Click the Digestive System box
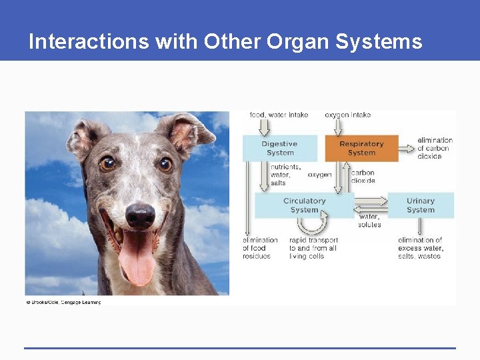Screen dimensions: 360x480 [x=279, y=148]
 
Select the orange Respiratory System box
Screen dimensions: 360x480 [x=361, y=148]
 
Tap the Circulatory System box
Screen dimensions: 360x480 [x=304, y=205]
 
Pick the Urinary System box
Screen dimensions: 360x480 [x=420, y=205]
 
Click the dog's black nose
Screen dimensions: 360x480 [x=140, y=216]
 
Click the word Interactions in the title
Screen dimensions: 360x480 [x=89, y=42]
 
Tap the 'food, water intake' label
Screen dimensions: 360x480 [x=279, y=115]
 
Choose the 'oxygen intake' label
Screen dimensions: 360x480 [x=347, y=115]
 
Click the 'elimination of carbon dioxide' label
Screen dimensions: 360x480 [x=435, y=148]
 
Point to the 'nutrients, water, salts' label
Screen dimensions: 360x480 [x=285, y=175]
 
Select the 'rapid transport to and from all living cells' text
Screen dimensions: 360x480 [x=313, y=248]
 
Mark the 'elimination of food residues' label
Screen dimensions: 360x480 [x=260, y=248]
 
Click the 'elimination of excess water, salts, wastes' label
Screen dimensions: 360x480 [x=420, y=248]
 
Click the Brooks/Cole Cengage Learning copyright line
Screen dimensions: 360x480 [x=63, y=302]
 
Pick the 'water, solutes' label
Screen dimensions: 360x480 [x=369, y=220]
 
